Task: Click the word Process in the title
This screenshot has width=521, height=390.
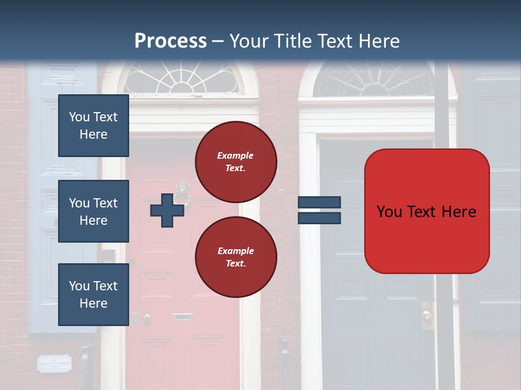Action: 170,41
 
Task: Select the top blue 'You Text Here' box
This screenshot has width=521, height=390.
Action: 93,126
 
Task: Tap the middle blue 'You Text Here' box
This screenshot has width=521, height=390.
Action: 93,211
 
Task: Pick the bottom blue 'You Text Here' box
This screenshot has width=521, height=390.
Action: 93,295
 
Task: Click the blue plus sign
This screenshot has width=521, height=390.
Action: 167,211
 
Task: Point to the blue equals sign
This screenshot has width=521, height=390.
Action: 319,211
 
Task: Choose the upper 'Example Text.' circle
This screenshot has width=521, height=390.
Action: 236,161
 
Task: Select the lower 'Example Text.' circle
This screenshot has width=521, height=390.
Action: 236,257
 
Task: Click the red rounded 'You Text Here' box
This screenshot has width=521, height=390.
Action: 427,211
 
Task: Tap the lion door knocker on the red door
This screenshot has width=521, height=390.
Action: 181,193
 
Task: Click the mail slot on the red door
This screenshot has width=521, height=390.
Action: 182,316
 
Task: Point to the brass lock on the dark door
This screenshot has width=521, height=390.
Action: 427,315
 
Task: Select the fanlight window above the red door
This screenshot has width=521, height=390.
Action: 181,79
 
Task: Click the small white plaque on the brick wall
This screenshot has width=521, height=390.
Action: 54,363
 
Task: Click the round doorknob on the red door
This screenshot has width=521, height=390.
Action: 147,318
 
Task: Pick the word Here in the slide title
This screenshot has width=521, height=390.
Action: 379,41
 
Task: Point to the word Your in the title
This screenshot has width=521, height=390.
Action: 250,41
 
